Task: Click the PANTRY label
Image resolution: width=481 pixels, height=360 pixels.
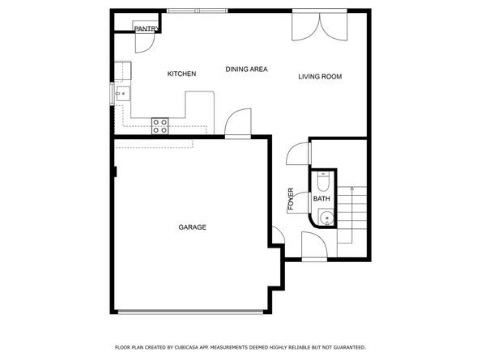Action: click(146, 29)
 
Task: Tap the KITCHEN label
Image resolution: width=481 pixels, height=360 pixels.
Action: click(181, 74)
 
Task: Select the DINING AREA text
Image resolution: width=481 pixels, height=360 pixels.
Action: click(246, 70)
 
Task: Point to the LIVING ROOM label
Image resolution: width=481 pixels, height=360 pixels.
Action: click(320, 77)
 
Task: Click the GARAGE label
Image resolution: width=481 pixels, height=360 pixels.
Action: click(192, 227)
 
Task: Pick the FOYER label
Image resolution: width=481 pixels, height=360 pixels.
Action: click(291, 201)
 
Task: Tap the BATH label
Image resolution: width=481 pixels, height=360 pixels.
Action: click(321, 199)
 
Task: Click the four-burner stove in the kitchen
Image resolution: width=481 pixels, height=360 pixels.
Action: click(160, 125)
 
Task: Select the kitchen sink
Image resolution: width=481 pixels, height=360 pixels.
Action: click(121, 94)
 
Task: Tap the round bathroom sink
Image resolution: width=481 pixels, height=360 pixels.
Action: click(324, 216)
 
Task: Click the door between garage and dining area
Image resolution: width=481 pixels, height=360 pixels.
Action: click(236, 125)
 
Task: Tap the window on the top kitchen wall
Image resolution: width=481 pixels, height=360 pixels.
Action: click(197, 11)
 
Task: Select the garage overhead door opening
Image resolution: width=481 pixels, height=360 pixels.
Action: click(191, 311)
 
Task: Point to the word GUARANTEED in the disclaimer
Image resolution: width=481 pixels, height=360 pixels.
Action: click(345, 346)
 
